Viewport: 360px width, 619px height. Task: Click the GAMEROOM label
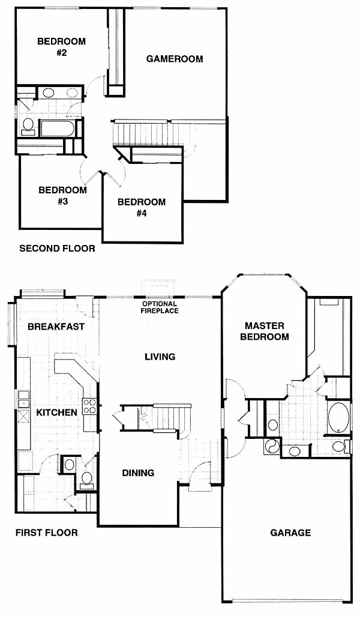tap(175, 59)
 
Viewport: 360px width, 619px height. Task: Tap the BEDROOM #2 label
tap(62, 47)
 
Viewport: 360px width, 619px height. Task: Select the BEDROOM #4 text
tap(142, 208)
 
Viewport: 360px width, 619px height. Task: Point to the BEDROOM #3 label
tap(62, 195)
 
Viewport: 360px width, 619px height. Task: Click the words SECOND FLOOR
tap(57, 249)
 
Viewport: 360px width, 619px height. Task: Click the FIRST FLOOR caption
tap(47, 533)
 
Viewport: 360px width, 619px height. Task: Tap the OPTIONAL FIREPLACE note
tap(160, 307)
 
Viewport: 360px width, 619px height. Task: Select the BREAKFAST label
tap(56, 327)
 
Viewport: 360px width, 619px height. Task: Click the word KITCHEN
tap(57, 412)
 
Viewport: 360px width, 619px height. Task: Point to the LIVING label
tap(160, 357)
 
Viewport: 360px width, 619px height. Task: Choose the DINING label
tap(138, 473)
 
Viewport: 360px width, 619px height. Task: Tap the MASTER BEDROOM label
tap(265, 331)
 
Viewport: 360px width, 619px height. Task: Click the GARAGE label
tap(290, 533)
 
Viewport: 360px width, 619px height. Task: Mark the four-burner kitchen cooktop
tap(89, 406)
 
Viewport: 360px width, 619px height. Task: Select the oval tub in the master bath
tap(339, 418)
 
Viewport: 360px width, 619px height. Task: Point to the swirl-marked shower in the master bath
tap(272, 446)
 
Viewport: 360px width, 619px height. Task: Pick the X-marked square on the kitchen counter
tap(23, 417)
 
